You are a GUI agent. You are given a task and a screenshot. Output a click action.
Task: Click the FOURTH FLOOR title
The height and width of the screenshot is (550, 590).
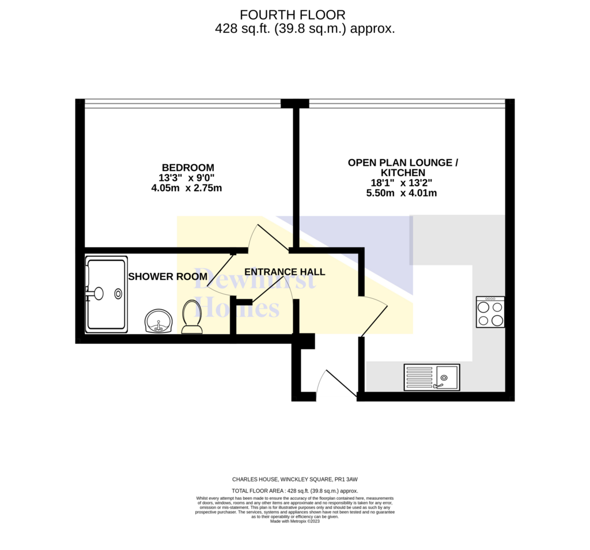coord(292,15)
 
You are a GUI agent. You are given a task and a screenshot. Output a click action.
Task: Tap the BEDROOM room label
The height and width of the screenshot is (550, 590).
coord(188,168)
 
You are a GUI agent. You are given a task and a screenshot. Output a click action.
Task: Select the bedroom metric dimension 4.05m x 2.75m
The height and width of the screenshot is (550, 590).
coord(187,188)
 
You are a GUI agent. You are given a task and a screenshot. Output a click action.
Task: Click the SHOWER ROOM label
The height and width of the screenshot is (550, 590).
coord(168,276)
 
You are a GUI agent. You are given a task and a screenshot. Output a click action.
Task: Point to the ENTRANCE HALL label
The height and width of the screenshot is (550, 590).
coord(285,272)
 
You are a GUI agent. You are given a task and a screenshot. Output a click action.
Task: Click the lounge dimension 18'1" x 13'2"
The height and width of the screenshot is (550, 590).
coord(402,183)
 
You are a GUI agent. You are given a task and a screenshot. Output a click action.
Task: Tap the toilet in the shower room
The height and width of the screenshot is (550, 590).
coord(192,317)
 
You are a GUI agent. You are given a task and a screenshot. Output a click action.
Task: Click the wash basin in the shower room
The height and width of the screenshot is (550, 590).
coord(158,321)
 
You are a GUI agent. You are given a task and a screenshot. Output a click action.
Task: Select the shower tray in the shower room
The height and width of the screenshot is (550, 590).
coord(107,294)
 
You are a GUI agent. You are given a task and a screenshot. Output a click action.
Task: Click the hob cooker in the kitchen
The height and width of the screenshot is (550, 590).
coord(490,312)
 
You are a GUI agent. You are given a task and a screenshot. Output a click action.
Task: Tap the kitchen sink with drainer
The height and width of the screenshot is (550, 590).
coord(432,377)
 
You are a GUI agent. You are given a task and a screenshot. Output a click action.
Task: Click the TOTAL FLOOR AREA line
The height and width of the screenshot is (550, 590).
coord(295,491)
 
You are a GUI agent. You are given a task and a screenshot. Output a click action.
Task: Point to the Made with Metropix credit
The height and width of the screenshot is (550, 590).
coord(295,521)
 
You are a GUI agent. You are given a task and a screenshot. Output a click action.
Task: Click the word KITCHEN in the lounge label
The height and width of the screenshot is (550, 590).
coord(403,173)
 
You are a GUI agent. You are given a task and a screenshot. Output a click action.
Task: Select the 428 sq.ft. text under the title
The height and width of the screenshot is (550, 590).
coord(243,29)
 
